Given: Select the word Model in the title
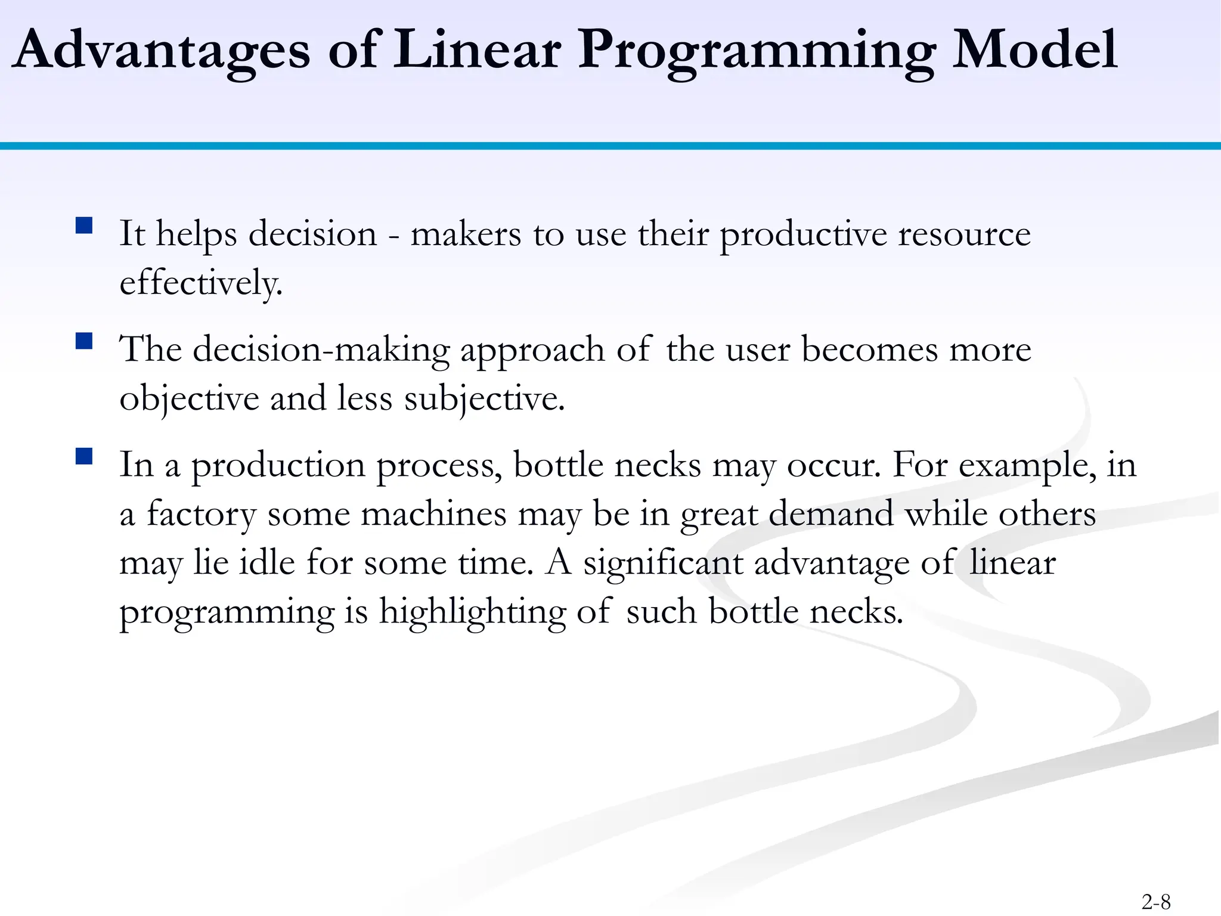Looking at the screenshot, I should (1034, 51).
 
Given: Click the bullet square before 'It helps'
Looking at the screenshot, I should (84, 225).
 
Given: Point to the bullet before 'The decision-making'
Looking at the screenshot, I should (84, 341).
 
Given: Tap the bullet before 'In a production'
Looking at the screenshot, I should (84, 457).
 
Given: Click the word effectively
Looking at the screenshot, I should (200, 283).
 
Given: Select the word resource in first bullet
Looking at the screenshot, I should (964, 234).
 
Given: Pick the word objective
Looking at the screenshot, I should (189, 398).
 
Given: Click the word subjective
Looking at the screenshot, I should (484, 398).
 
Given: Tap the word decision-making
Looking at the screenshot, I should (321, 349).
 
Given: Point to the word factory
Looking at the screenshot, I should (201, 514).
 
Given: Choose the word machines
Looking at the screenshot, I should (433, 514).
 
